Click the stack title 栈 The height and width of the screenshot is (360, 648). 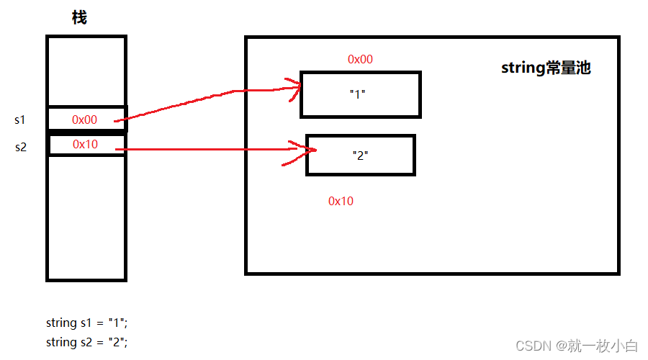79,18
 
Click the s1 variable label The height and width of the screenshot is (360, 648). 20,119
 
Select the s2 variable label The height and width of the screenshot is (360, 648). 20,147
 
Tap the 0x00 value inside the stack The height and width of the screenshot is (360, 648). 84,120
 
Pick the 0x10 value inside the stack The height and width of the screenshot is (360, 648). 84,145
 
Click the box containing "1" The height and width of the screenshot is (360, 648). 360,94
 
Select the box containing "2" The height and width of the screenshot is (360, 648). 360,155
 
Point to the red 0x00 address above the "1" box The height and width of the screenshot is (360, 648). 360,60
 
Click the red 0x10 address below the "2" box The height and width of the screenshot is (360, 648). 341,202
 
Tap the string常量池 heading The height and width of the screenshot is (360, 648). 546,68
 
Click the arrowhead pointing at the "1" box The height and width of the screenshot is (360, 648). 294,88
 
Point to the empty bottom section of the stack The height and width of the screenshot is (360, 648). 86,216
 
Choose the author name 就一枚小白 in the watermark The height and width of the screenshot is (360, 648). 608,346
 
